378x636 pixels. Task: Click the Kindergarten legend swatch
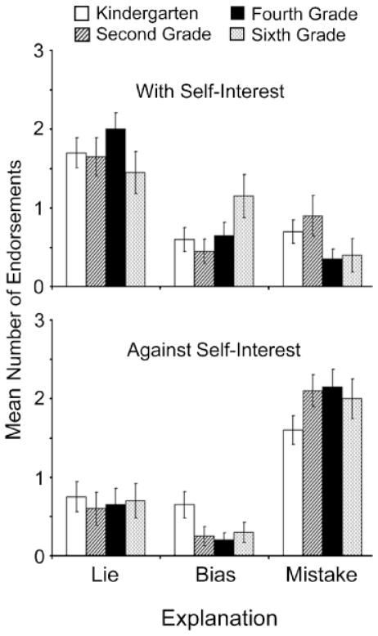coord(83,14)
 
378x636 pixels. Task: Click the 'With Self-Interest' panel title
coord(210,91)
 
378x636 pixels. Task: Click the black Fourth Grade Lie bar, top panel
coord(115,208)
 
